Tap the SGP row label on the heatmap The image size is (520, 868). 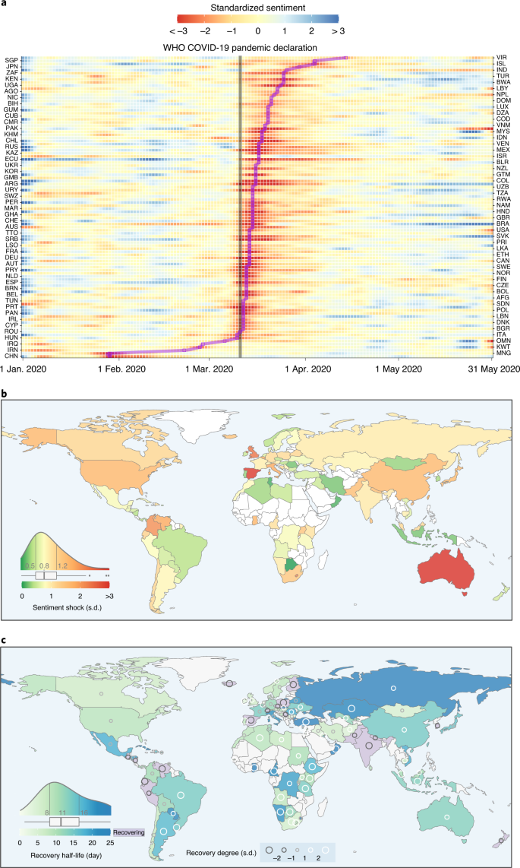[11, 59]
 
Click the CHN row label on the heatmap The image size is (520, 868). [11, 356]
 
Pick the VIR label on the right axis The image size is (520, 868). [501, 58]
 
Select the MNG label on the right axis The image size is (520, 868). [503, 354]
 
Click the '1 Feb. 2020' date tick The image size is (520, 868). [123, 369]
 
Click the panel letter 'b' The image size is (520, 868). [5, 395]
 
